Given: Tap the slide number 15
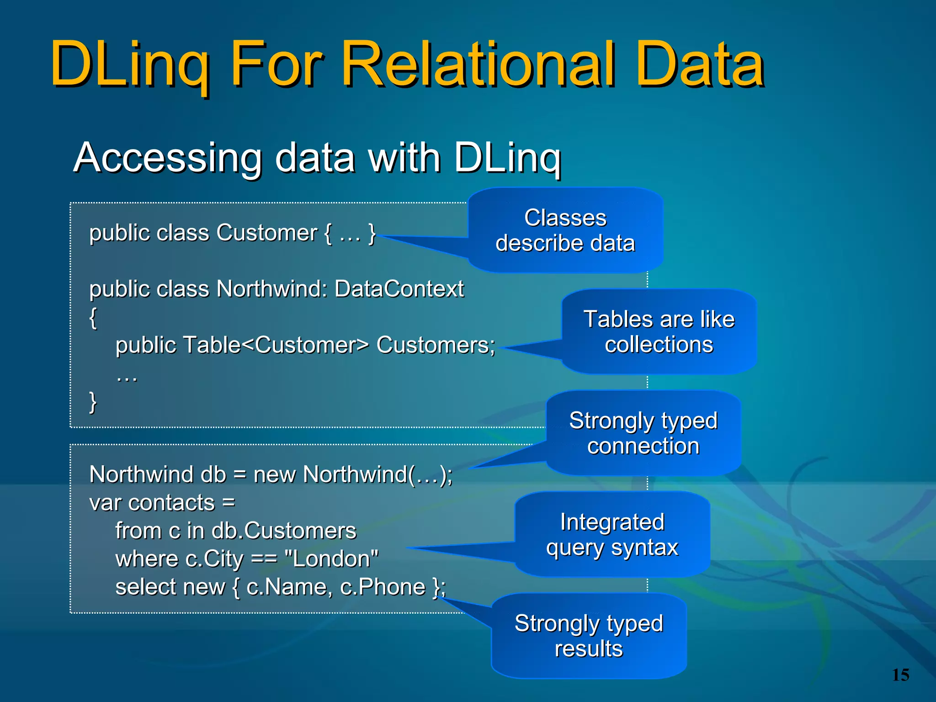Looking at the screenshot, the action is click(900, 675).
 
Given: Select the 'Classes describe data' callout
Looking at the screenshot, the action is click(565, 230).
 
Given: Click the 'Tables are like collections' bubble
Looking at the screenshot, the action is click(659, 331).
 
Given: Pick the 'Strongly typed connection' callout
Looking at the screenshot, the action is click(643, 433).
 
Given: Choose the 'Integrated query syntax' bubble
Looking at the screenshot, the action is click(612, 534).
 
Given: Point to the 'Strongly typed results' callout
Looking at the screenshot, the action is click(589, 636).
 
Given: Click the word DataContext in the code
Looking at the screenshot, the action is click(399, 289).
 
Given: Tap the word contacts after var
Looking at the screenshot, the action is click(172, 503).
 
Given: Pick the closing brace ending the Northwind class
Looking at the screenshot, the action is click(93, 402).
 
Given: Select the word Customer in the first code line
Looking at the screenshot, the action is click(267, 233).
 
